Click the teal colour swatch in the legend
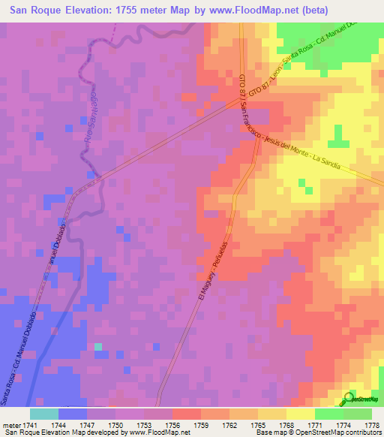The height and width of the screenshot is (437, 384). [x=43, y=414]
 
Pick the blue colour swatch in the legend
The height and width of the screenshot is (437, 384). [x=72, y=414]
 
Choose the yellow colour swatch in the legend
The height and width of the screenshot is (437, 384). [x=300, y=414]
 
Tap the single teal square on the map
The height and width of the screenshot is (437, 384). [x=97, y=346]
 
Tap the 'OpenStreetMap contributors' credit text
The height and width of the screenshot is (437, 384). [x=337, y=432]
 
